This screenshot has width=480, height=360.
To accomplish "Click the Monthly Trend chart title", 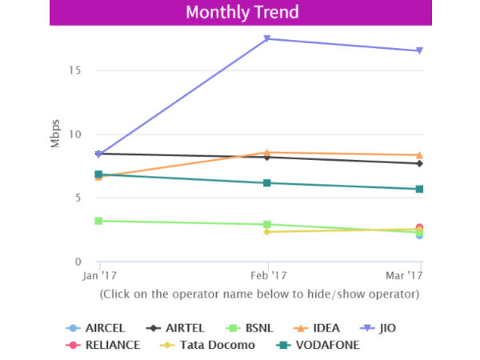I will click(241, 13).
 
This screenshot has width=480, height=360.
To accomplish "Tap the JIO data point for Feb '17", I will click(266, 38).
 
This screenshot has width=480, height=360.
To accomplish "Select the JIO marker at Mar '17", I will click(419, 51).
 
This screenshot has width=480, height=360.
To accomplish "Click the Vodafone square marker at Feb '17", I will click(266, 183).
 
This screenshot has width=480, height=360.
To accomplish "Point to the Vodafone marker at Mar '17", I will click(419, 189).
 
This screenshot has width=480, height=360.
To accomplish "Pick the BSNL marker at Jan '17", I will click(98, 220).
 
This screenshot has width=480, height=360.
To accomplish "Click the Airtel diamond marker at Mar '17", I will click(419, 163).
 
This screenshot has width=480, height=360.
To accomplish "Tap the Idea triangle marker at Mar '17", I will click(419, 154).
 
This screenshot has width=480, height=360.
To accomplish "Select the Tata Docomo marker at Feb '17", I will click(266, 232).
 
